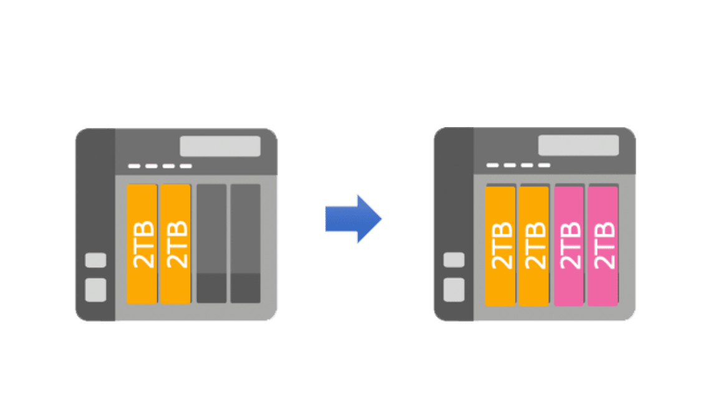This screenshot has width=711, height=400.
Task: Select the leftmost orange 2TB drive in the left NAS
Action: tap(142, 244)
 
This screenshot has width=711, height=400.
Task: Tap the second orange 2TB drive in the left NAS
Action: tap(175, 244)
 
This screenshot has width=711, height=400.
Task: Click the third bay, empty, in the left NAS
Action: tap(211, 243)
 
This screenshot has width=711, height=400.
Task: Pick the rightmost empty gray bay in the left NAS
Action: tap(245, 243)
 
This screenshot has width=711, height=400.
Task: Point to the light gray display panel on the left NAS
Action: tap(220, 146)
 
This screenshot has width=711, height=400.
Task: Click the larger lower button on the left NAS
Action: tap(95, 290)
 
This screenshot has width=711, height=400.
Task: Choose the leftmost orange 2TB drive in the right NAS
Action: tap(500, 246)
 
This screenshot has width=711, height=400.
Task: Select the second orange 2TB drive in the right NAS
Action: tap(533, 246)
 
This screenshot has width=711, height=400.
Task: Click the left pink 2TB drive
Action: tap(569, 246)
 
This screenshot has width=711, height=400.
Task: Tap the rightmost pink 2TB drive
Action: tap(603, 246)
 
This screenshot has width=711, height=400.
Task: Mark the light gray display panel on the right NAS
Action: tap(579, 145)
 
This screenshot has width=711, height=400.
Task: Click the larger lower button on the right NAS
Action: tap(454, 290)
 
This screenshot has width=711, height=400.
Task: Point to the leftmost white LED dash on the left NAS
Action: tap(134, 166)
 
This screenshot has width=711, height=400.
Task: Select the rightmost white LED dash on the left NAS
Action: tap(186, 166)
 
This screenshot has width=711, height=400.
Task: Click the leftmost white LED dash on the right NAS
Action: tap(493, 165)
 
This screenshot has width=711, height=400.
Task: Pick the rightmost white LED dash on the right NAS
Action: tap(544, 165)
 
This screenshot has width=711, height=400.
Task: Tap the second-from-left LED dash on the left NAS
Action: tap(152, 166)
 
